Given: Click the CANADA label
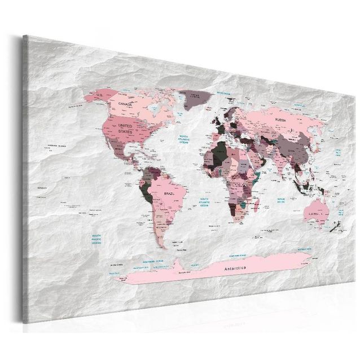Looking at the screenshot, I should (x=126, y=105).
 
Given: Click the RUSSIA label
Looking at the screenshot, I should (x=280, y=120).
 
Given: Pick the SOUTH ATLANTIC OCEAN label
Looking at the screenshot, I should (x=205, y=201).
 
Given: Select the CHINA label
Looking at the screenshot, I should (x=291, y=151).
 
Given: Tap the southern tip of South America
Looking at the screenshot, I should (x=161, y=246).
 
